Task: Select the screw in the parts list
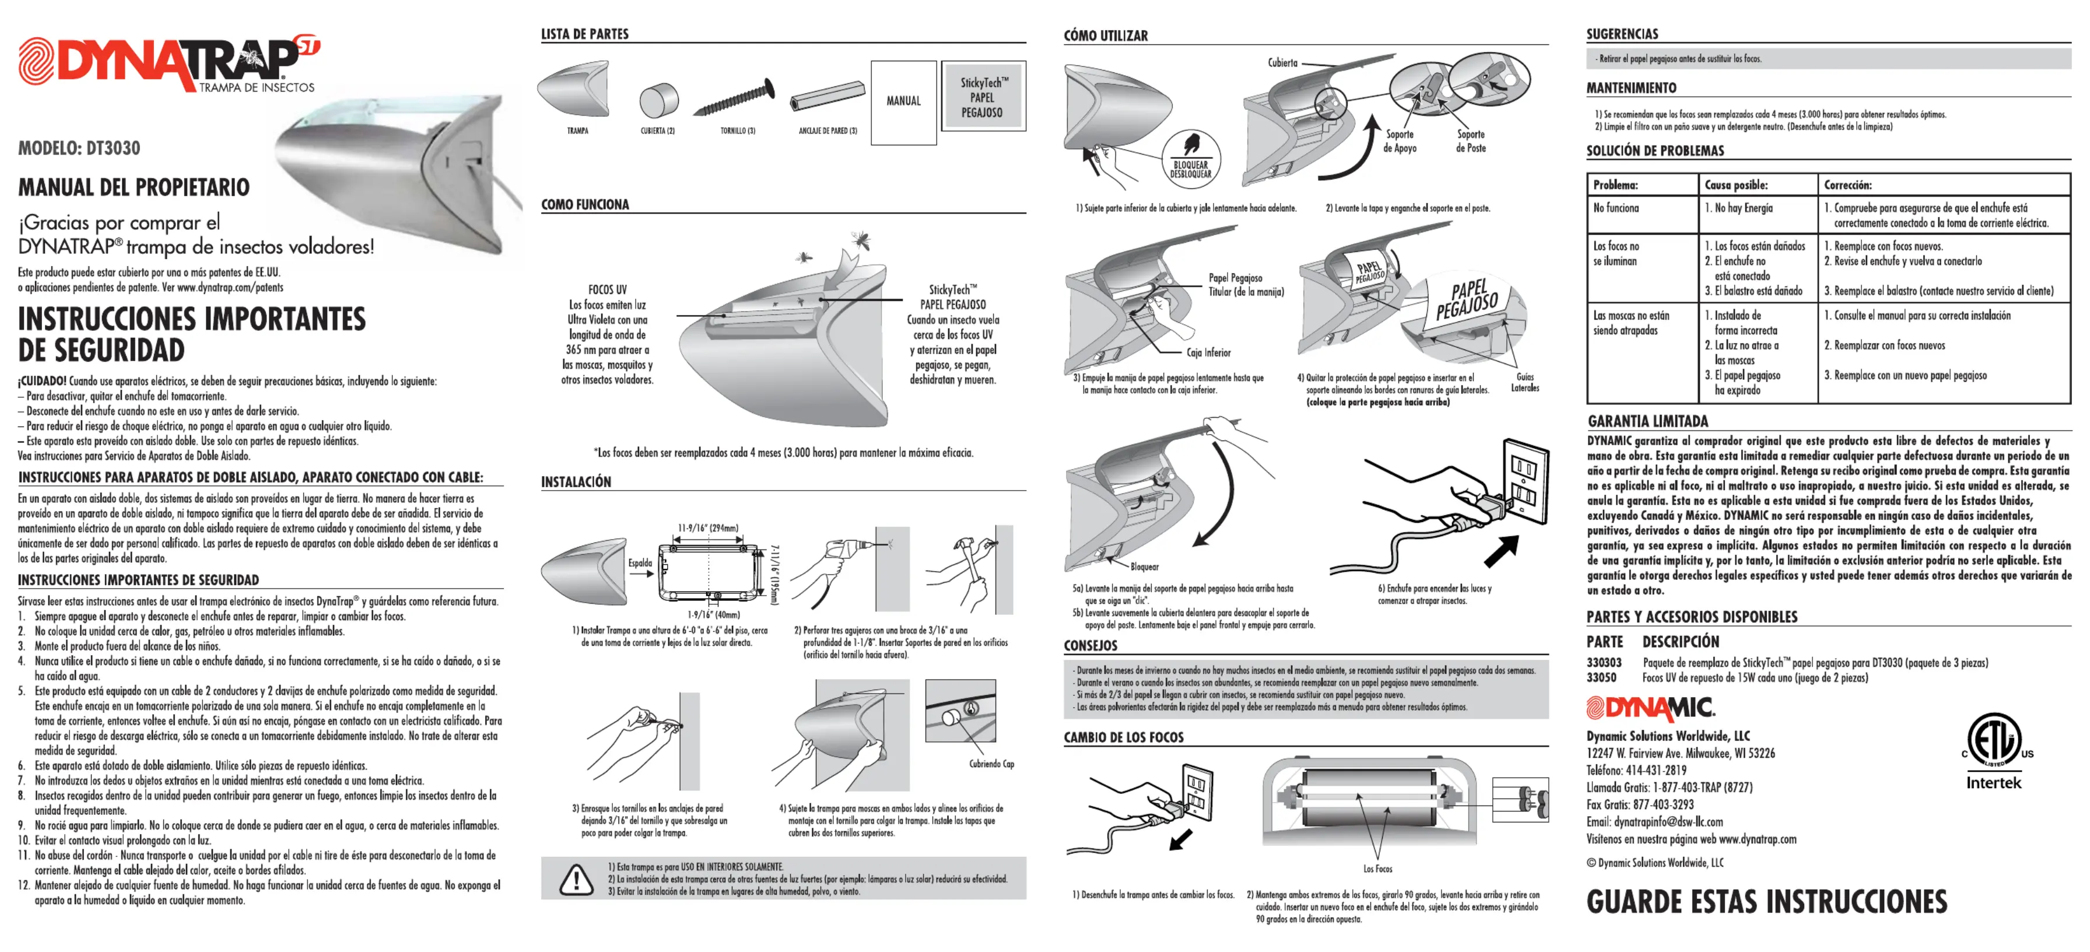pos(734,98)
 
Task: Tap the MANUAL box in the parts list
pos(903,101)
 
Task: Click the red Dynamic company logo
pos(1650,709)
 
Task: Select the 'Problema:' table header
pos(1615,185)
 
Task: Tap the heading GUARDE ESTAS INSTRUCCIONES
pos(1766,902)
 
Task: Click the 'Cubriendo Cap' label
pos(991,764)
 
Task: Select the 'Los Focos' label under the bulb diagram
pos(1377,869)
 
